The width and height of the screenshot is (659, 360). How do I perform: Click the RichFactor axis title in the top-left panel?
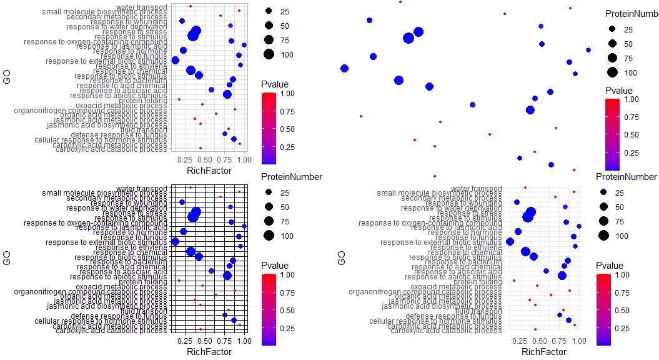[x=209, y=170]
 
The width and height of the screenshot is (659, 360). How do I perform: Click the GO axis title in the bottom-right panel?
[x=342, y=257]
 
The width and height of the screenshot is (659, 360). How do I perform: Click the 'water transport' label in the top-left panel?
[x=142, y=7]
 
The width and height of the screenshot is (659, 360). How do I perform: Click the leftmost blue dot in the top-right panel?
[x=344, y=68]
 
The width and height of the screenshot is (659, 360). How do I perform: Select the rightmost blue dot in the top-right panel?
[x=588, y=50]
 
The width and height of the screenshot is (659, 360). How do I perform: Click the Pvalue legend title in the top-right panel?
[x=618, y=91]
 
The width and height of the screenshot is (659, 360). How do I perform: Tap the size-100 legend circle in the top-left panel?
[x=269, y=54]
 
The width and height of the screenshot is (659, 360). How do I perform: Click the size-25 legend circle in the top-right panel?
[x=613, y=29]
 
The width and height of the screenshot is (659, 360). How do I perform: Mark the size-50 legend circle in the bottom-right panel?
[x=603, y=207]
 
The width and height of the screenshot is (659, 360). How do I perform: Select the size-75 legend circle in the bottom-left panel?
[x=269, y=221]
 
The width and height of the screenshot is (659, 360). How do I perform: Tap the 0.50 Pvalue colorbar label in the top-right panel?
[x=632, y=134]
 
